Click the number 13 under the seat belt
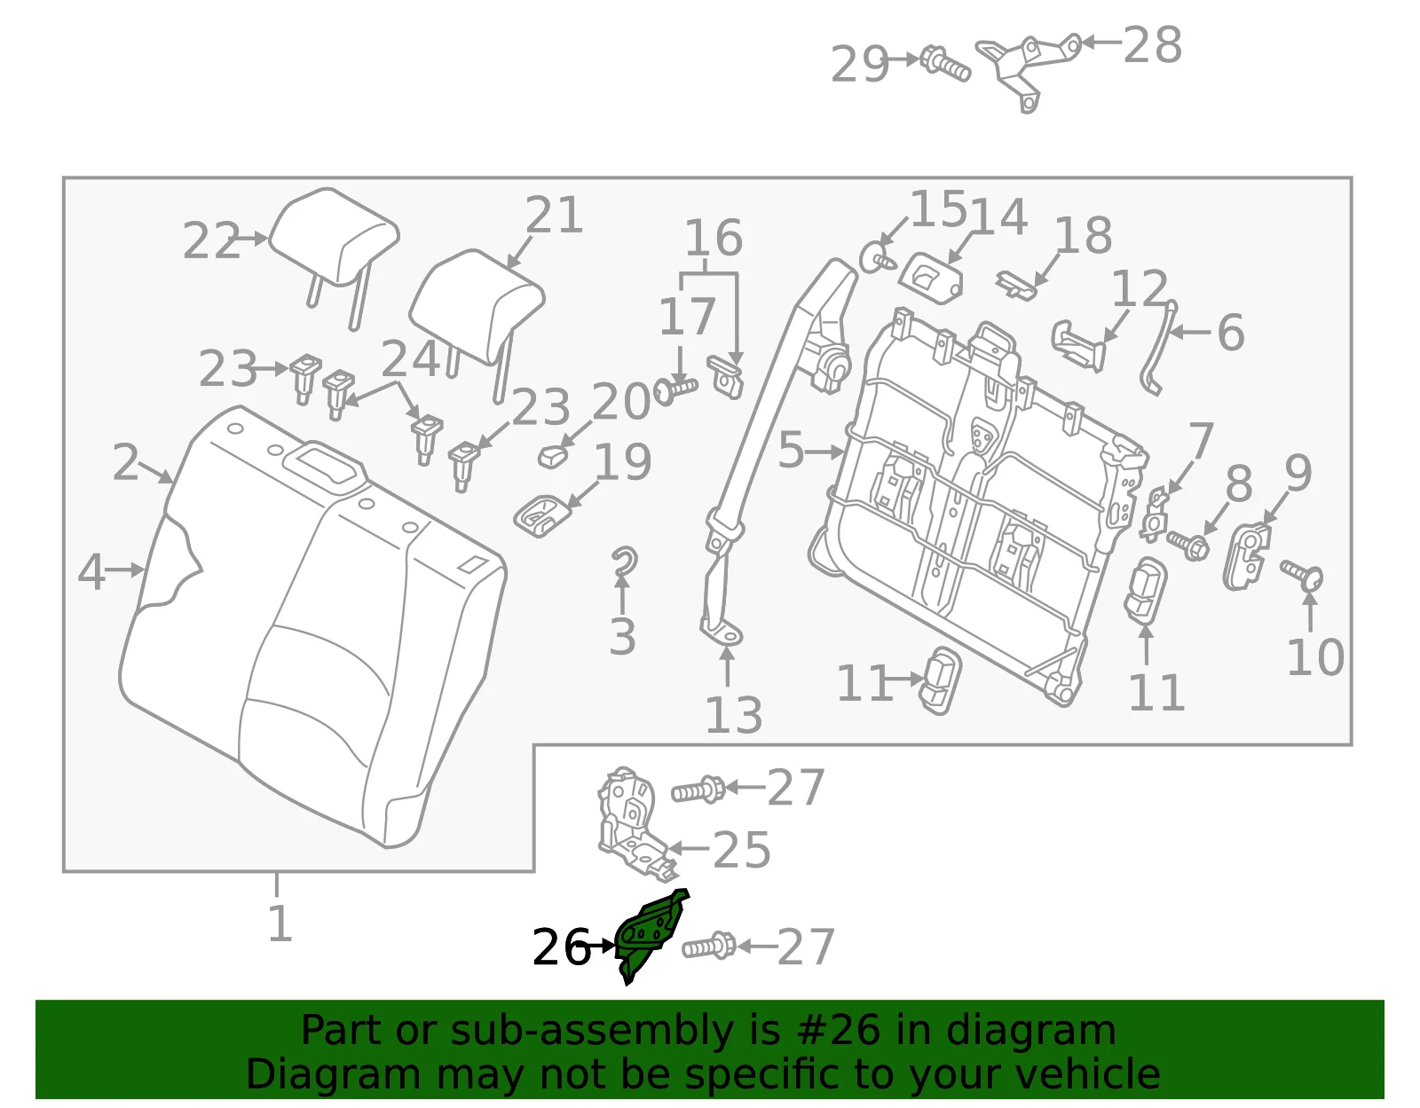[734, 716]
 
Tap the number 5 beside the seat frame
[791, 450]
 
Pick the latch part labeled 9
[1248, 556]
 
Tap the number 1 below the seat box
[280, 923]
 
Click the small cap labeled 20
[553, 457]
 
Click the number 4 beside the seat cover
[91, 571]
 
